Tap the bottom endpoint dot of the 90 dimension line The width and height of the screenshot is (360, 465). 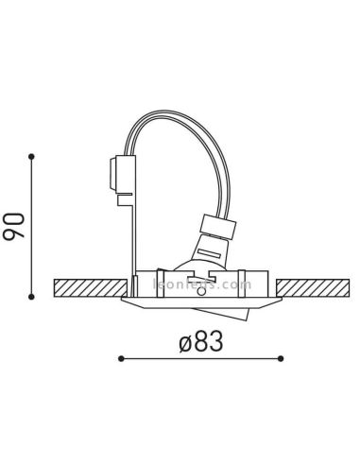pos(31,296)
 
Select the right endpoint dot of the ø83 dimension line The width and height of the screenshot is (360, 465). pos(281,358)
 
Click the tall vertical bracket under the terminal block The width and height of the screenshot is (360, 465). pos(133,236)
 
